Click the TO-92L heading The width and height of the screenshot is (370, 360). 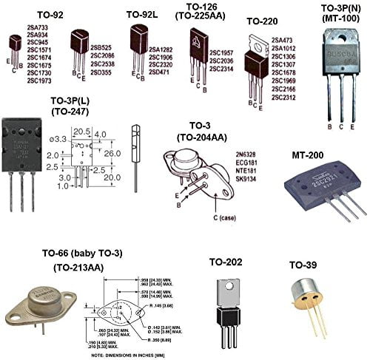click(x=142, y=14)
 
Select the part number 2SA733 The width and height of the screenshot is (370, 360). click(x=38, y=25)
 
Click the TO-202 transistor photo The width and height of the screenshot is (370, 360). click(x=227, y=299)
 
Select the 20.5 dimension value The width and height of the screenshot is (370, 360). click(x=82, y=131)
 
